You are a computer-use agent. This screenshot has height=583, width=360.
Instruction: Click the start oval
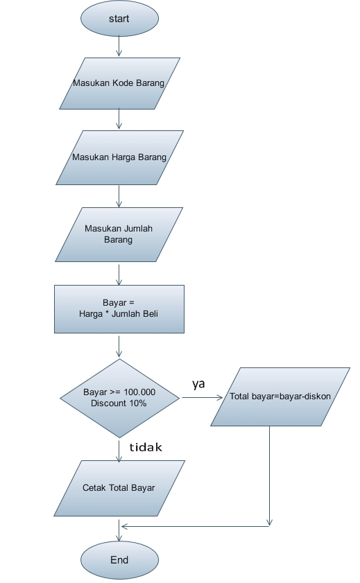[x=119, y=19]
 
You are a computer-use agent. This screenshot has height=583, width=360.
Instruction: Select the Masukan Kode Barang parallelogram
[x=119, y=83]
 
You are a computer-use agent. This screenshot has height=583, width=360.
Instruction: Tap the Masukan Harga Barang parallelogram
[x=119, y=157]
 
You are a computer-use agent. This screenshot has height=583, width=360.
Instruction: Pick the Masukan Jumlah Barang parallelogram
[x=119, y=234]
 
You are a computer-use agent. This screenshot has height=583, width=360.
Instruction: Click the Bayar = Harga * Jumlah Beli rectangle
[x=119, y=310]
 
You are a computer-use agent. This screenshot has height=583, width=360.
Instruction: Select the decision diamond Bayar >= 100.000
[x=119, y=398]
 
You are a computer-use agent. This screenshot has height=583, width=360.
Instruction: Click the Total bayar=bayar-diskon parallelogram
[x=280, y=397]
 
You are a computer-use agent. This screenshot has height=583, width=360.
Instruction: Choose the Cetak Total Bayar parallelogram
[x=119, y=488]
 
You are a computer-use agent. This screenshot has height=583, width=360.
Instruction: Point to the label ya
[x=198, y=383]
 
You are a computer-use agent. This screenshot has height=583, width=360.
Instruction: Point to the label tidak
[x=146, y=448]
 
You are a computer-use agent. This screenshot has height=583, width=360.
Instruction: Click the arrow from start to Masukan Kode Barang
[x=119, y=46]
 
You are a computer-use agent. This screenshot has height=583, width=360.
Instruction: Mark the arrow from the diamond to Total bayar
[x=200, y=398]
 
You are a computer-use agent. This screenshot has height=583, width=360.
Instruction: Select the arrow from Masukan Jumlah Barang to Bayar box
[x=119, y=273]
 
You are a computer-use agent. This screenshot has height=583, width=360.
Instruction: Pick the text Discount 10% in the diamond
[x=119, y=403]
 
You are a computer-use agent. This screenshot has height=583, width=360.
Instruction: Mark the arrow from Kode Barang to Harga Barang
[x=119, y=120]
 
